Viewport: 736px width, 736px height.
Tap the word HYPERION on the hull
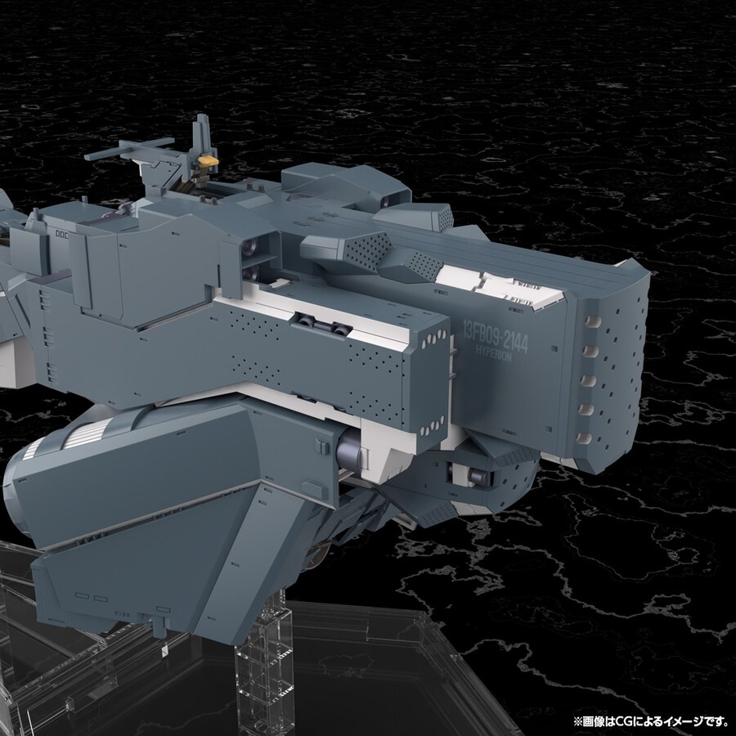coord(493,352)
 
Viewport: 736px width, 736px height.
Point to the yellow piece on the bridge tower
coord(208,161)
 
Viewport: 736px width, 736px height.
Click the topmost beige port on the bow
coord(593,321)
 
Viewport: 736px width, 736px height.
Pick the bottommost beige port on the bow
coord(584,438)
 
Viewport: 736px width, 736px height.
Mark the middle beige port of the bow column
coord(588,380)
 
